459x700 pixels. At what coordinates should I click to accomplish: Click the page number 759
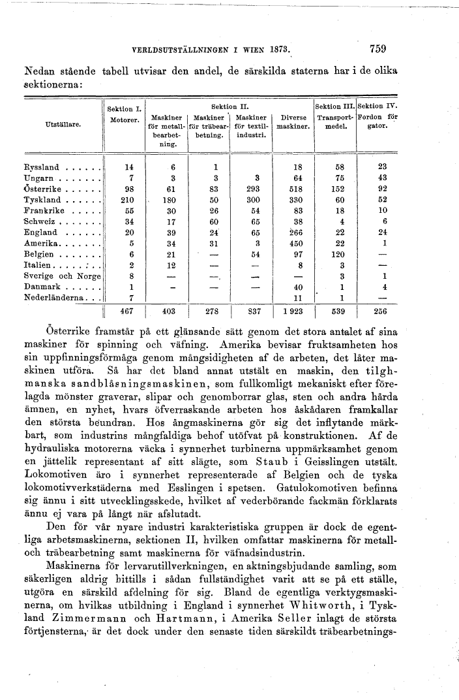pos(378,48)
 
